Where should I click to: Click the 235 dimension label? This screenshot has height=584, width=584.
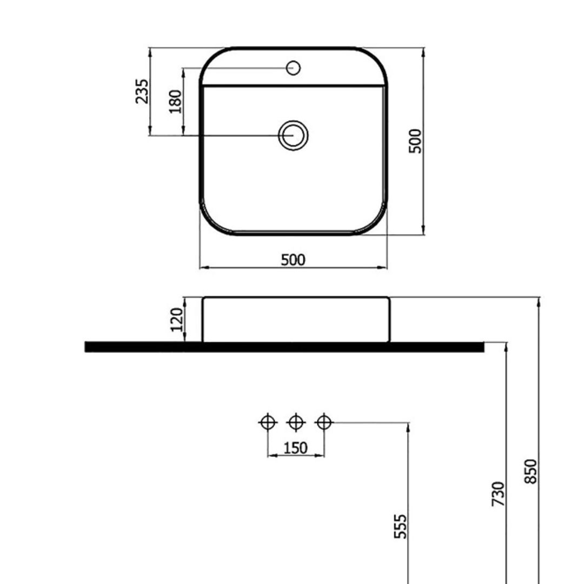coord(142,91)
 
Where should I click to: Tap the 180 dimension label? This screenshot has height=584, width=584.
coord(175,101)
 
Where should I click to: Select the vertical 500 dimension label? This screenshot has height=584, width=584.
coord(415,141)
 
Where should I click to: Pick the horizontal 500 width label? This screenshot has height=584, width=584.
coord(293,260)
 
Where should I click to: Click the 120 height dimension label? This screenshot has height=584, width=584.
coord(176,320)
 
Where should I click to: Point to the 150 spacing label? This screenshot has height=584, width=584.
coord(295,448)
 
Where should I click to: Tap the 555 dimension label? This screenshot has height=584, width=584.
coord(400,526)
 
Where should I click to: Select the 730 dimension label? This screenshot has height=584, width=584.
coord(498,494)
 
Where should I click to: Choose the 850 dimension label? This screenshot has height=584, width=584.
coord(530,472)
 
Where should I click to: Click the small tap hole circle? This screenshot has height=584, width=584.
coord(293,68)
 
